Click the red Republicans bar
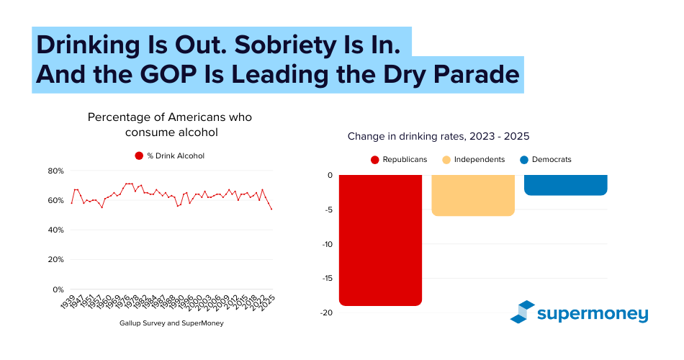pos(380,240)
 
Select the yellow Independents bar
pos(473,195)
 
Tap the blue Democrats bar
pos(565,185)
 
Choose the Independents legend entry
pos(474,159)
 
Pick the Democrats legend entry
pos(545,159)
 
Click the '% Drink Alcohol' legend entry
pos(171,156)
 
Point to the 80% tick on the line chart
pos(56,171)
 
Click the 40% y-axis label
pos(56,230)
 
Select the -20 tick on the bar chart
pos(327,312)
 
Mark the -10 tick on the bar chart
pos(327,244)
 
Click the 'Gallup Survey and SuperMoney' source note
pos(171,323)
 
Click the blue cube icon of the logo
pos(522,311)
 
